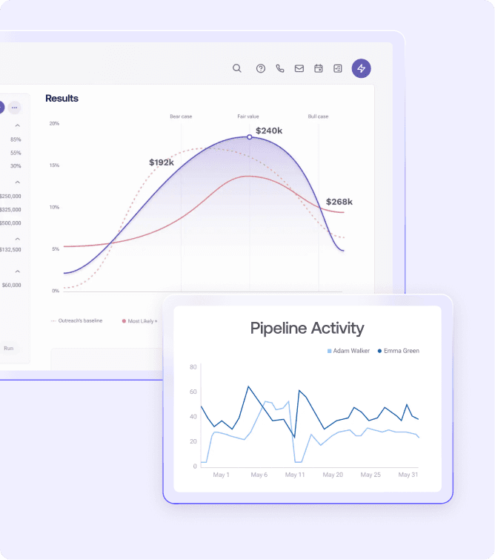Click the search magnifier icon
tap(237, 68)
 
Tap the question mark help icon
tap(261, 68)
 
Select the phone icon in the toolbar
tap(280, 68)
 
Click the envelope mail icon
tap(299, 68)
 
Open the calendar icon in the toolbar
tap(319, 68)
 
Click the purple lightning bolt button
tap(362, 68)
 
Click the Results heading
tap(62, 99)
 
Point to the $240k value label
tap(269, 131)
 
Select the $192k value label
tap(162, 162)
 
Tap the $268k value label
tap(339, 202)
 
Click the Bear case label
tap(181, 116)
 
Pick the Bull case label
tap(318, 116)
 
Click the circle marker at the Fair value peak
tap(249, 137)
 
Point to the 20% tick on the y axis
tap(54, 123)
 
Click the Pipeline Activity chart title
tap(307, 328)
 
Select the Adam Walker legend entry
tap(349, 351)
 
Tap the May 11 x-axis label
tap(295, 475)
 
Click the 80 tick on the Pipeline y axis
tap(193, 367)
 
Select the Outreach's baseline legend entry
tap(78, 320)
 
